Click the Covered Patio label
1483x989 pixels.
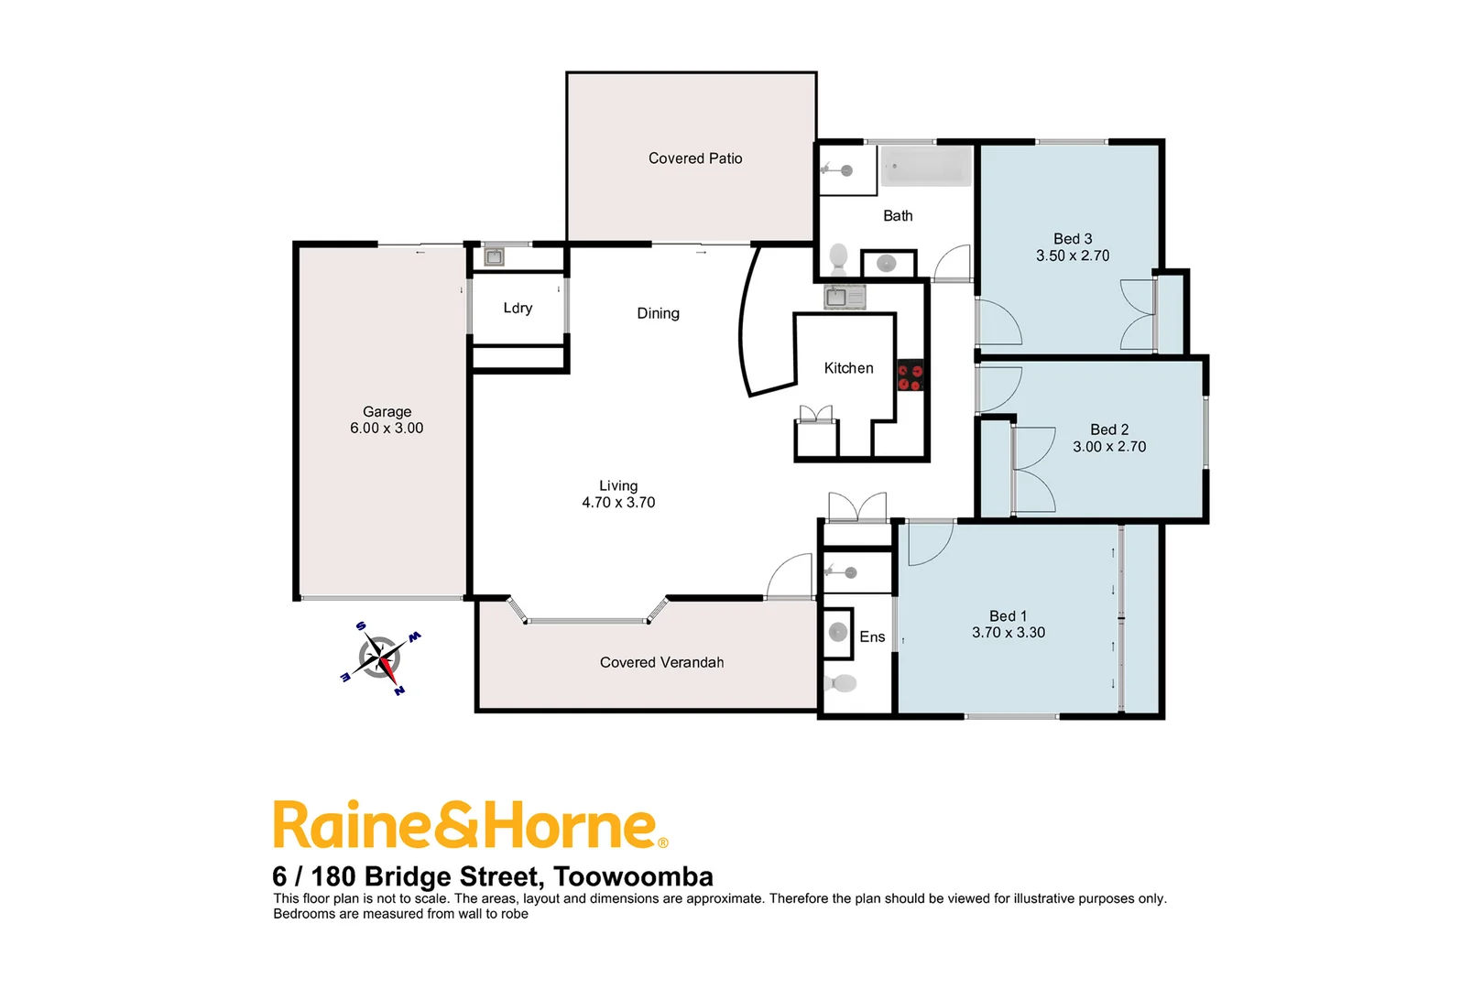point(695,158)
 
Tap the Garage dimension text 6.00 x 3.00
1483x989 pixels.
point(387,428)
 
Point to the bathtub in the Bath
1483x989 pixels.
point(926,168)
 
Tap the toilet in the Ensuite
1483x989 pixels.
point(841,683)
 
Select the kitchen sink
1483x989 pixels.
point(845,297)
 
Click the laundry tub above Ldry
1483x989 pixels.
point(495,256)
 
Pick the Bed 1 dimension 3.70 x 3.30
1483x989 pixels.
point(1009,633)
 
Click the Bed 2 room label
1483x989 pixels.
point(1109,429)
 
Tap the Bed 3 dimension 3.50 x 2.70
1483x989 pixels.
point(1073,256)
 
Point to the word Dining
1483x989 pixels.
point(659,313)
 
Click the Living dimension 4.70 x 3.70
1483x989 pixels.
point(618,503)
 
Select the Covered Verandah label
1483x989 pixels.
point(661,663)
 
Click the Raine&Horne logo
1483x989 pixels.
point(470,826)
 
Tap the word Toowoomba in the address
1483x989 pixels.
point(634,877)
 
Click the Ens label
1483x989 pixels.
point(872,637)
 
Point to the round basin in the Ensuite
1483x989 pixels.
point(837,632)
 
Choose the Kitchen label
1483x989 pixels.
point(848,368)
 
